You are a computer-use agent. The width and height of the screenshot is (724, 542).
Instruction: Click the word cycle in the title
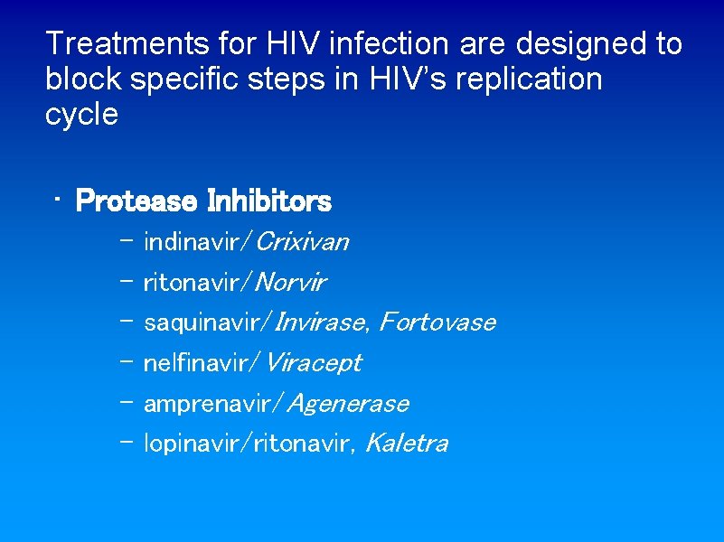coord(81,115)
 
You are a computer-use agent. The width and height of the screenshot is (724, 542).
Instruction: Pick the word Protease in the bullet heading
coord(136,201)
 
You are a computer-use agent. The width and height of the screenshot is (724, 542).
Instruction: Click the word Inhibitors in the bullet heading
coord(269,201)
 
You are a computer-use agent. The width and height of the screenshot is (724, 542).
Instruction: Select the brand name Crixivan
coord(303,242)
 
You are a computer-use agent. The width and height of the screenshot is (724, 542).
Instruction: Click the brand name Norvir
coord(291,283)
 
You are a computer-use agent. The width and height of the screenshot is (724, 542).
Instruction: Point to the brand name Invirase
coord(323,322)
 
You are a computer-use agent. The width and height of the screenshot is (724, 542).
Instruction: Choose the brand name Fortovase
coord(437,322)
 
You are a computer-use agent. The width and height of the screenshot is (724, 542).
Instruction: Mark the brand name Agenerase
coord(348,404)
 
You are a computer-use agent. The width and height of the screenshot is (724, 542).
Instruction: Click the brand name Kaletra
coord(406,444)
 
